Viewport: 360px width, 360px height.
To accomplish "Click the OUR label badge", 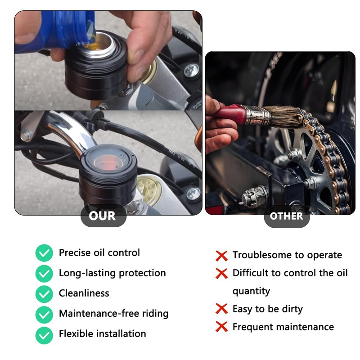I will (102, 216).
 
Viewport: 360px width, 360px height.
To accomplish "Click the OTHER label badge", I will (286, 216).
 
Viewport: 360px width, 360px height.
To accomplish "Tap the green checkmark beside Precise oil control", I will (44, 253).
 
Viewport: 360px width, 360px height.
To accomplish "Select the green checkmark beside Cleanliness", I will (44, 293).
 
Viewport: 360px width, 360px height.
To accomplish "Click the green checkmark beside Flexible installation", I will (44, 334).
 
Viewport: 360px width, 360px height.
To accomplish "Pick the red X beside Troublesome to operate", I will (221, 256).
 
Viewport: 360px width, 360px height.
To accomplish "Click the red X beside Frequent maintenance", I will (221, 327).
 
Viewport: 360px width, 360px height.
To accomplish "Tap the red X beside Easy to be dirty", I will (221, 309).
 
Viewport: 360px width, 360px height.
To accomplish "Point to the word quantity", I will (251, 291).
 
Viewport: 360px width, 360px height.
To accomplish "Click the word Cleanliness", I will (84, 293).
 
